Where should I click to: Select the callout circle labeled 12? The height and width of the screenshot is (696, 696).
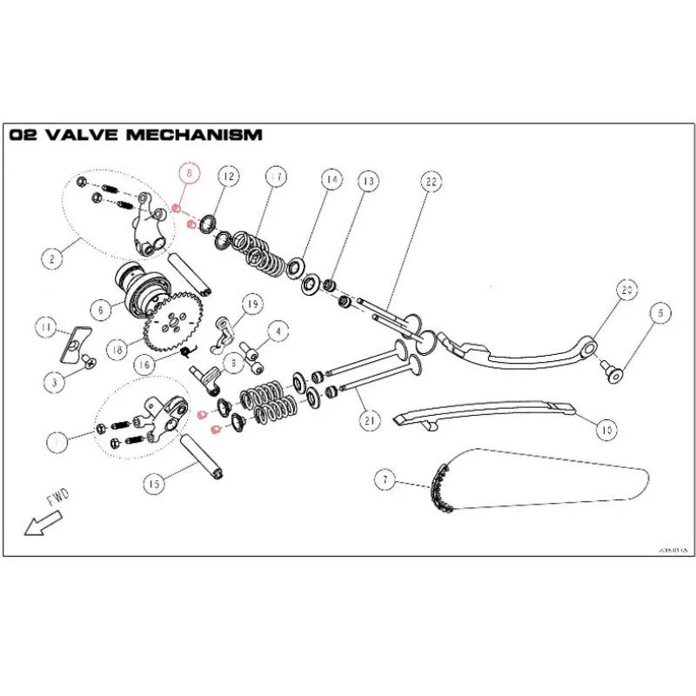(228, 177)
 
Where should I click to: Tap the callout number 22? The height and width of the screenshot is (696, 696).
(430, 183)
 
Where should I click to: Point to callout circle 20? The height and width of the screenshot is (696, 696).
(626, 291)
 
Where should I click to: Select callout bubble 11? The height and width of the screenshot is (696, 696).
(47, 327)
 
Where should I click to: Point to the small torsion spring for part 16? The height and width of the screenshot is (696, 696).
(186, 351)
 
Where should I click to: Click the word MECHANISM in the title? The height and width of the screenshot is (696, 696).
(191, 135)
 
